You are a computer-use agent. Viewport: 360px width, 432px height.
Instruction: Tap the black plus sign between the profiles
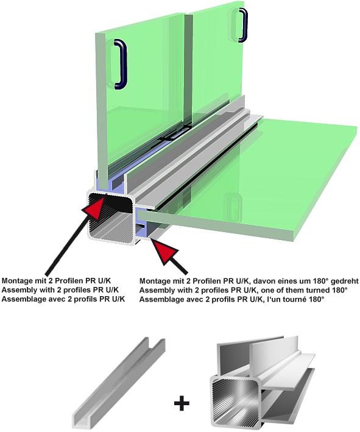182,403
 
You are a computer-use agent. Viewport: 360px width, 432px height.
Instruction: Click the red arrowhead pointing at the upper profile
94,207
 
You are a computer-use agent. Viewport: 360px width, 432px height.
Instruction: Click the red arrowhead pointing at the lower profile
164,251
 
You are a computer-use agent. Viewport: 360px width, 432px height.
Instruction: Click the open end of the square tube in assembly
110,217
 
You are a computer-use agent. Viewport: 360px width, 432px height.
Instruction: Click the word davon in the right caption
263,281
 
